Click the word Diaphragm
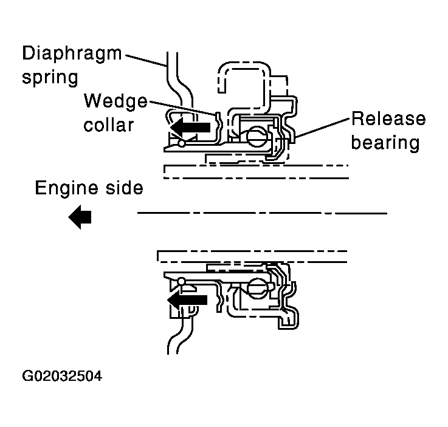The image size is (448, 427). [72, 54]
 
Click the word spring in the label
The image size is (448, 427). [50, 78]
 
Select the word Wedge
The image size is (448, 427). [115, 101]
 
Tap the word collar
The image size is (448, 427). [109, 125]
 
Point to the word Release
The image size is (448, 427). [388, 118]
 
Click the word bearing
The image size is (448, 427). [385, 142]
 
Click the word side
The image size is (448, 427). [125, 188]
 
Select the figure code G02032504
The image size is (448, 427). [62, 376]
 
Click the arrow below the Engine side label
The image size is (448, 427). [80, 217]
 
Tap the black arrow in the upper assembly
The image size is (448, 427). [191, 128]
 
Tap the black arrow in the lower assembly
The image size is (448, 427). [187, 299]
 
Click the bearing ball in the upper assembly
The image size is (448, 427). [257, 137]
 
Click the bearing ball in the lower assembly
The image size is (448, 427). [258, 289]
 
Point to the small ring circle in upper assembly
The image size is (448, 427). [181, 143]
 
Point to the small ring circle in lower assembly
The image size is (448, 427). [181, 282]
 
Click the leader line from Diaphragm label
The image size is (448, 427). [146, 61]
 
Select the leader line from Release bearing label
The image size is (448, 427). [322, 128]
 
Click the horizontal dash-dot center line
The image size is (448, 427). [262, 213]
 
